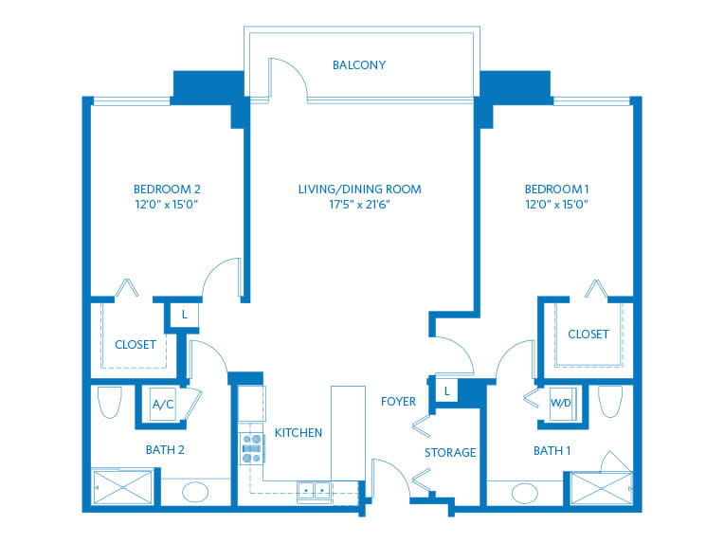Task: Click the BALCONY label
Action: tap(359, 65)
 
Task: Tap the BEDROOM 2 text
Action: tap(167, 189)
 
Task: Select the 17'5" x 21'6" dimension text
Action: tap(359, 204)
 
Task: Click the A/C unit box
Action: tap(163, 405)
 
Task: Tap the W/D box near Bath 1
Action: tap(561, 403)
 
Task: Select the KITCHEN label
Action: tap(299, 433)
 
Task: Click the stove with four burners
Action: tap(251, 447)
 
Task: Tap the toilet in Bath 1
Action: tap(610, 401)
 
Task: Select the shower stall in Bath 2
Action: tap(120, 487)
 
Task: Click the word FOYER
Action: tap(398, 402)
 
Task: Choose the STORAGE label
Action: tap(450, 453)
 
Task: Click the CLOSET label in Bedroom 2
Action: tap(136, 345)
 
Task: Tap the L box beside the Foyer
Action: tap(445, 390)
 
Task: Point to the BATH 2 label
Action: tap(165, 450)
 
